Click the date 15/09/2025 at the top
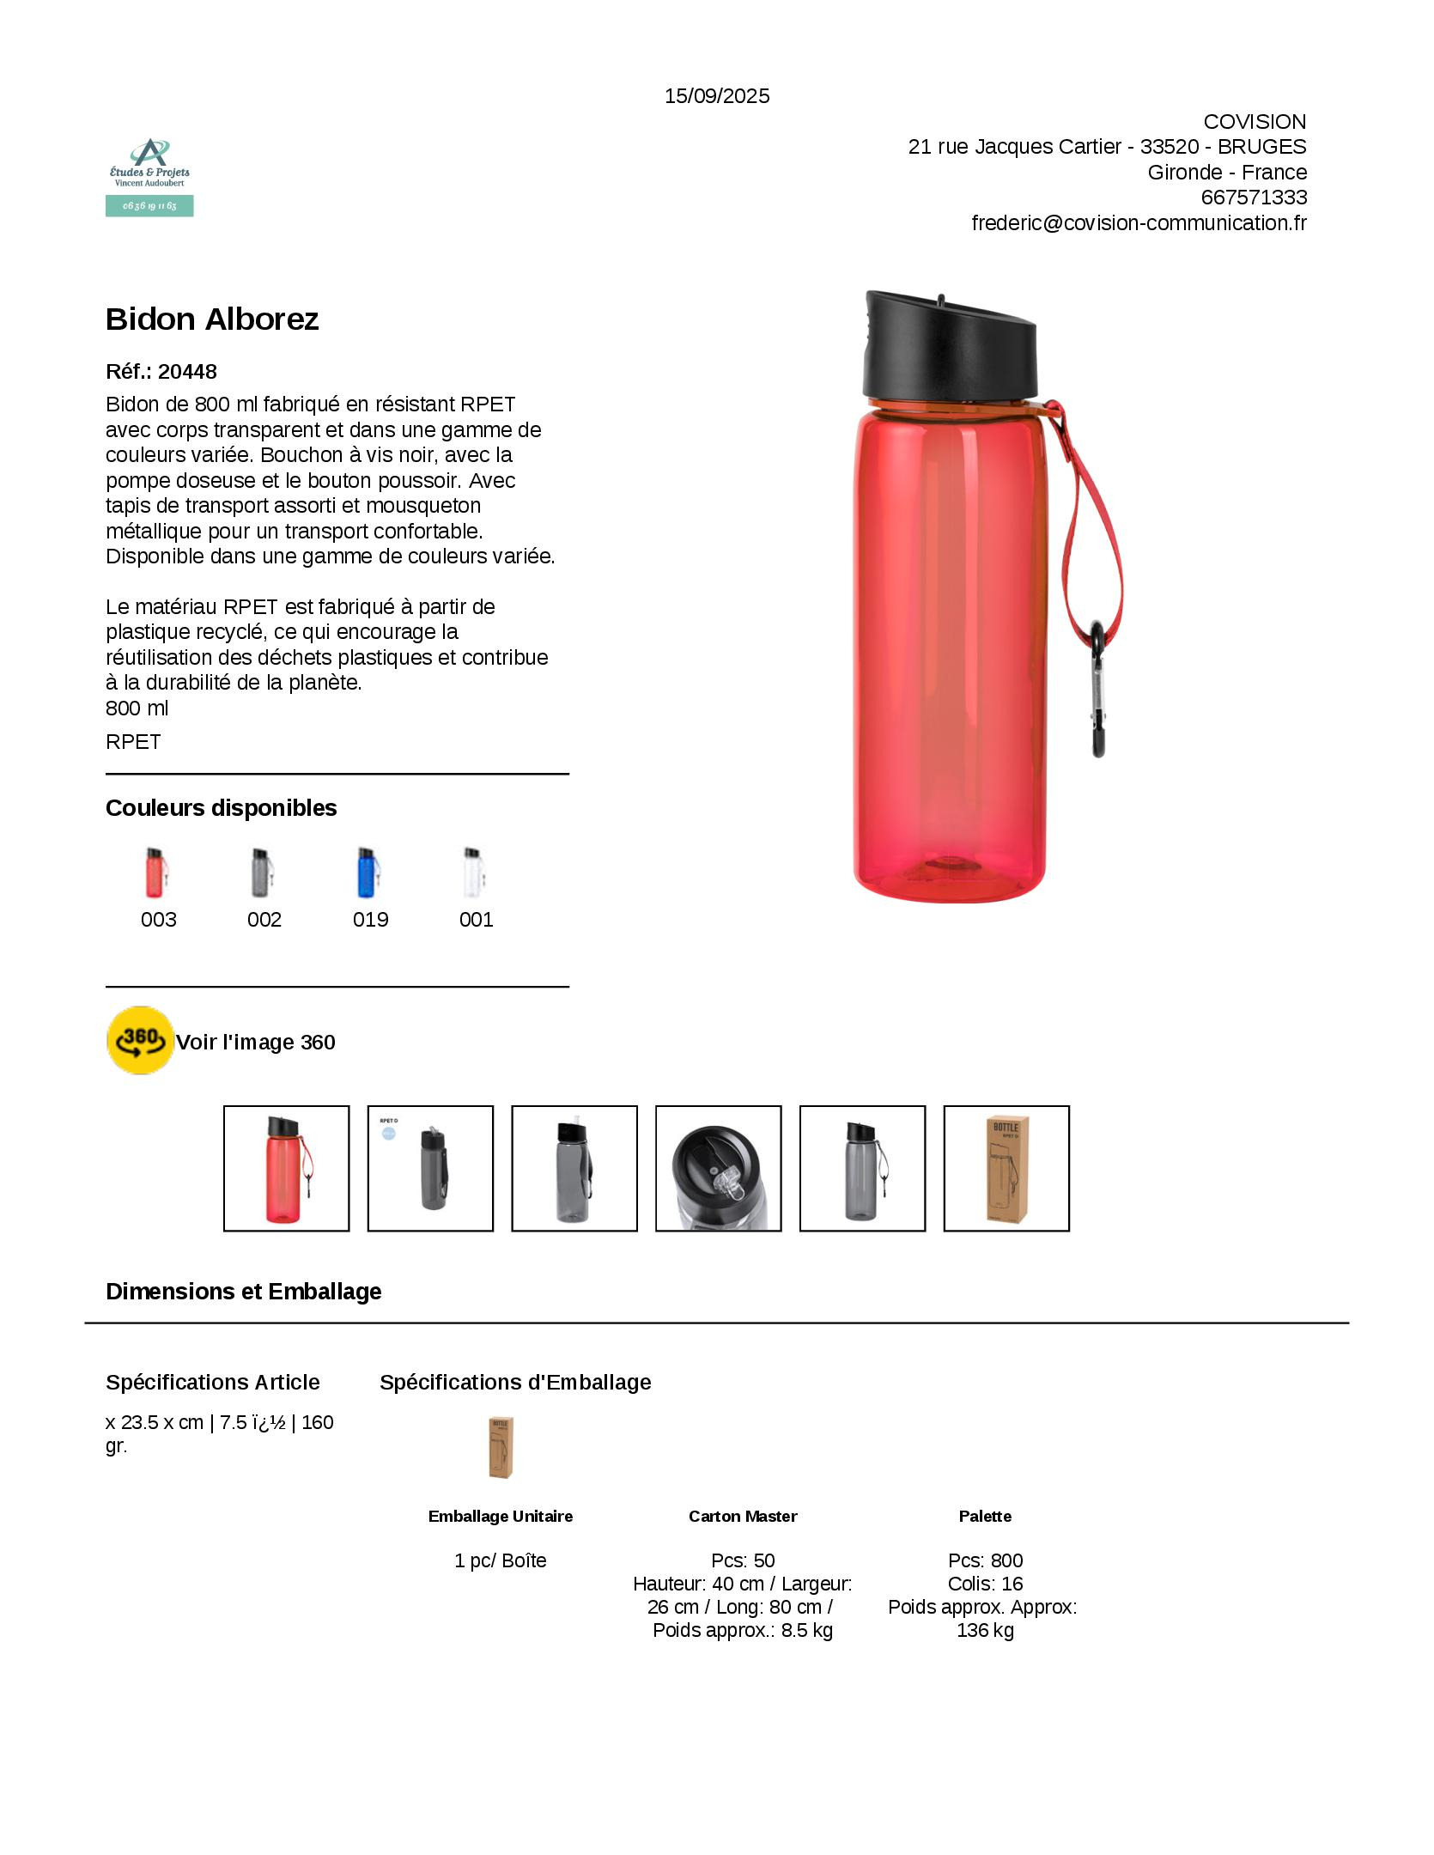pos(717,96)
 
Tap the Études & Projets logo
pos(149,177)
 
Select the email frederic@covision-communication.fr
pos(1139,223)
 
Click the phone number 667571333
pos(1254,198)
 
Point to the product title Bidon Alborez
pos(212,319)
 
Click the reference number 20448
pos(187,372)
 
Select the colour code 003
pos(159,920)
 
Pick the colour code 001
pos(477,920)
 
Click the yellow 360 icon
pos(140,1041)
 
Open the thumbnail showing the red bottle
pos(287,1169)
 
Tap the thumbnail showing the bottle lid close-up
pos(719,1169)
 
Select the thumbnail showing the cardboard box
pos(1006,1169)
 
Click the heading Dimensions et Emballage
pos(244,1292)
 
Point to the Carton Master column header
pos(743,1516)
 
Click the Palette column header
pos(985,1516)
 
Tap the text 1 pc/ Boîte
pos(501,1560)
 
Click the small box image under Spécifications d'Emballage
pos(501,1448)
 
